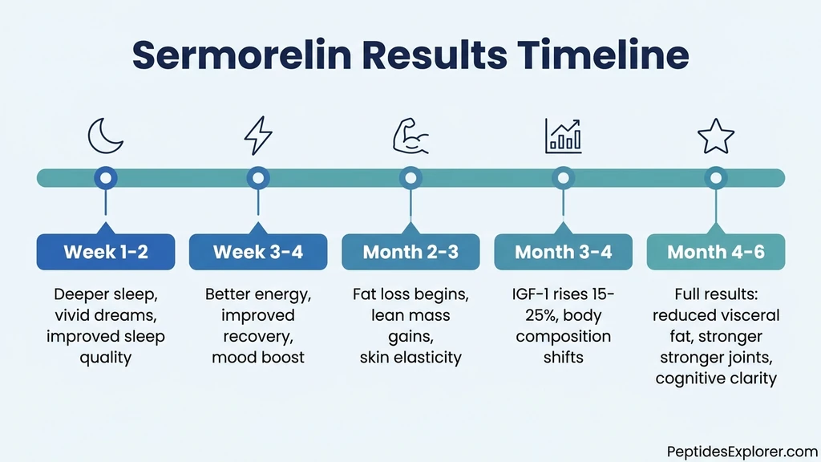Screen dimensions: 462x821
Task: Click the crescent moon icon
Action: (106, 136)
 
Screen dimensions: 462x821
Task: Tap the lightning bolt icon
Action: (257, 136)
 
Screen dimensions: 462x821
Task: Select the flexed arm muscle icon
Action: (410, 136)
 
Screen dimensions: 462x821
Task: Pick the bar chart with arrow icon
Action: (563, 136)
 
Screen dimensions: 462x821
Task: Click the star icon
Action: (715, 136)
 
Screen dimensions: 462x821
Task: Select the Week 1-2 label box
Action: (106, 252)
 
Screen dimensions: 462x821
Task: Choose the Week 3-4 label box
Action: (257, 252)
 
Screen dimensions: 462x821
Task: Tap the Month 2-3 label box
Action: (410, 252)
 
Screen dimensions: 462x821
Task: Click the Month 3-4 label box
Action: (563, 252)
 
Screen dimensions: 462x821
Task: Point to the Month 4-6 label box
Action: (715, 252)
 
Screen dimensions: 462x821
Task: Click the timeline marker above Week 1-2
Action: (106, 177)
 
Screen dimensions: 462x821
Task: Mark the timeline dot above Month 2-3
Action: (410, 177)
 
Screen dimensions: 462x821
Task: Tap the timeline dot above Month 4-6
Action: (715, 177)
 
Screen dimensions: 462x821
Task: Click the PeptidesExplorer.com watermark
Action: (741, 452)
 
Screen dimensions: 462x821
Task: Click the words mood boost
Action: (257, 357)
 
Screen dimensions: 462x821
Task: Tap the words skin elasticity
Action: (410, 357)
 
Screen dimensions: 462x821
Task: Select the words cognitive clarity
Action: (715, 378)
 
